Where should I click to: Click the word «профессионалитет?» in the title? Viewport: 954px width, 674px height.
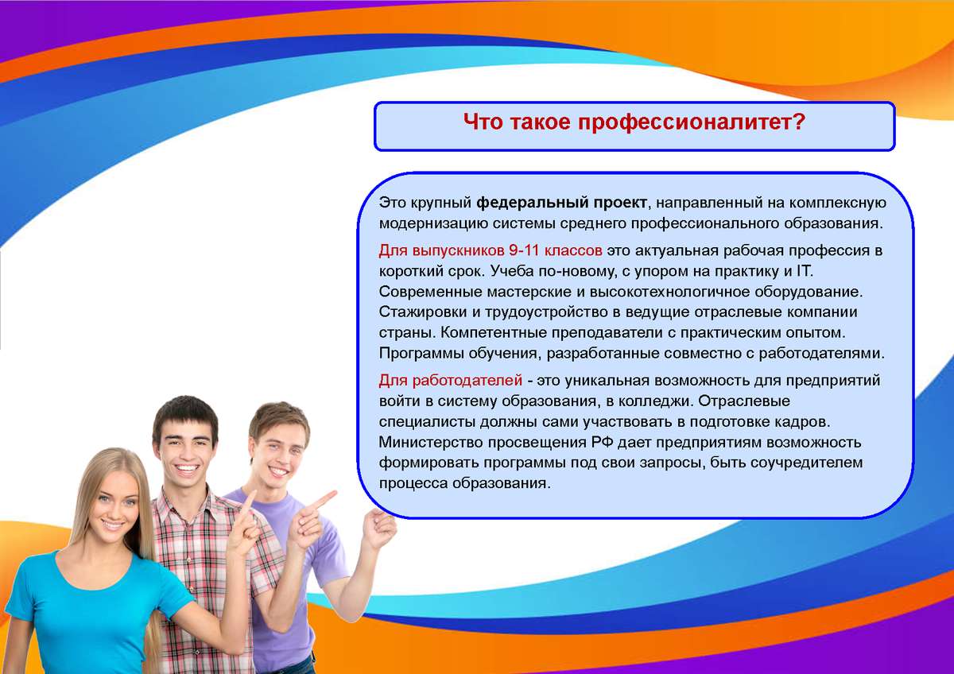pyautogui.click(x=691, y=122)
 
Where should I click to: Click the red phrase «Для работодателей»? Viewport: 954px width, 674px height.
pyautogui.click(x=450, y=380)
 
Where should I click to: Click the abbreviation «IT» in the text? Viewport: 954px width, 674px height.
pyautogui.click(x=804, y=271)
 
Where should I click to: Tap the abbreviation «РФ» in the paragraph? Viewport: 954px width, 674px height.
pyautogui.click(x=601, y=443)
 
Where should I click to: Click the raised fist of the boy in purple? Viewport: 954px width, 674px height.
pyautogui.click(x=379, y=529)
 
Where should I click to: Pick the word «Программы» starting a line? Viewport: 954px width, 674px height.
pyautogui.click(x=421, y=354)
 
